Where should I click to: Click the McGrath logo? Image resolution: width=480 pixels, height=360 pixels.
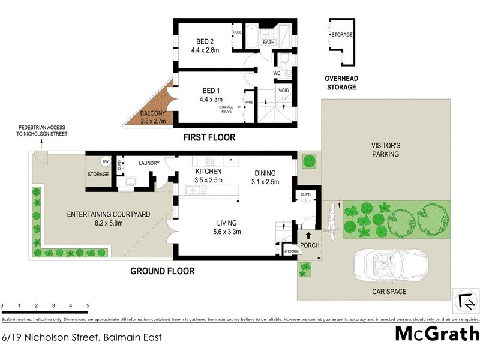click(437, 334)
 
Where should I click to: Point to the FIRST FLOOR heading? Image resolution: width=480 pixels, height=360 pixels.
click(209, 138)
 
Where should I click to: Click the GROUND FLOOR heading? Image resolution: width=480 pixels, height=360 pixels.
click(163, 271)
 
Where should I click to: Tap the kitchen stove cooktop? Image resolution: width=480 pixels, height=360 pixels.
click(211, 161)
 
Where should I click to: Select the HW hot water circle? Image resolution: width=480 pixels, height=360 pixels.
click(106, 161)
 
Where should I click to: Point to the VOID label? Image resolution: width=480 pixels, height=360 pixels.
click(283, 91)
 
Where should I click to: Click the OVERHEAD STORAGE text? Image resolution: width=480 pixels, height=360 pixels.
click(341, 83)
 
